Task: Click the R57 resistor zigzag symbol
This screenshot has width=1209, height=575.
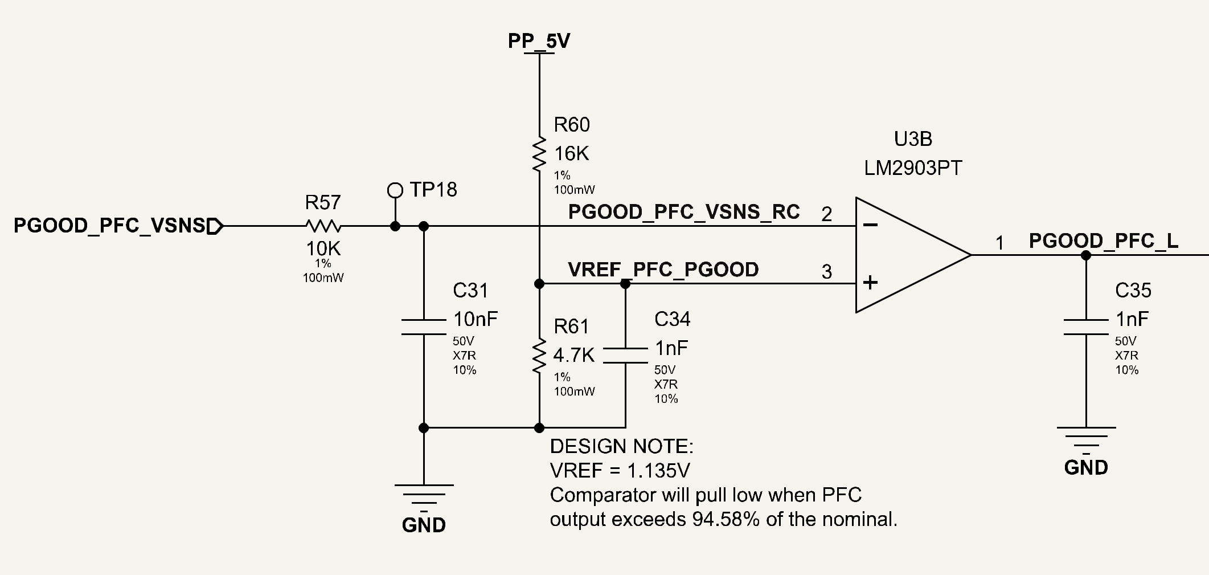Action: (x=323, y=226)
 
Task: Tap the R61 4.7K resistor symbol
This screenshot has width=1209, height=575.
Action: (x=539, y=356)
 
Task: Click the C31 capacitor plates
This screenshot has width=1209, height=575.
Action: (x=424, y=327)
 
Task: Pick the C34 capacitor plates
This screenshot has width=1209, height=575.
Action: (x=625, y=355)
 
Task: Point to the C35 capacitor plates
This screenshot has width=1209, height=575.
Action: (x=1086, y=327)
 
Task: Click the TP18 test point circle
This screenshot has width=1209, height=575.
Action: (x=395, y=190)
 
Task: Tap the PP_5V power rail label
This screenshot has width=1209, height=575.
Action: (x=539, y=41)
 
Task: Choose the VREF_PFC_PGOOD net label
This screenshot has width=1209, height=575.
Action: (x=663, y=270)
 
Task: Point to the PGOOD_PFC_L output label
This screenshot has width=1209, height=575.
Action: (x=1104, y=241)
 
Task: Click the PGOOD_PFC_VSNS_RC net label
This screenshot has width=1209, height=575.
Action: (x=684, y=212)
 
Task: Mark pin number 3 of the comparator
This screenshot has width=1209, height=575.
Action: (x=827, y=272)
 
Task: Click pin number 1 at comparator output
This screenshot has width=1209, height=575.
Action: (x=999, y=243)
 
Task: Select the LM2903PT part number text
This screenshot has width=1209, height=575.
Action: (x=913, y=168)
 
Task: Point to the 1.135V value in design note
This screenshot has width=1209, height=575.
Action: (x=658, y=471)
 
